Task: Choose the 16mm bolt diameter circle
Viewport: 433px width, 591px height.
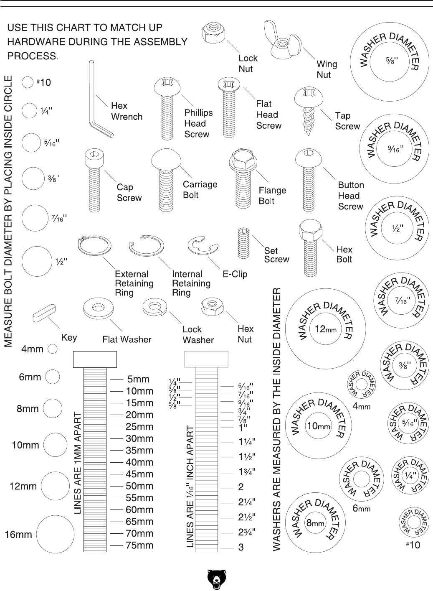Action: [55, 534]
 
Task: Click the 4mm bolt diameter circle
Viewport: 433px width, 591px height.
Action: [53, 349]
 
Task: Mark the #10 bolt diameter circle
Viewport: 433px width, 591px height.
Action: [28, 82]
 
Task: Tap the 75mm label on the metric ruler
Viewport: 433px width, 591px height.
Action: [139, 545]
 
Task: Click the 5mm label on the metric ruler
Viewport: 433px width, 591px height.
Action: [138, 380]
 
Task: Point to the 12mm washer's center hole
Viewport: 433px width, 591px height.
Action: [326, 329]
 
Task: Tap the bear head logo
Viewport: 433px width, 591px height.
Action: [216, 579]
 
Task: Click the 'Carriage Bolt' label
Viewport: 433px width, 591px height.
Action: [200, 190]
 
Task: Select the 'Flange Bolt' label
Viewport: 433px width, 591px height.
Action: [272, 196]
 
